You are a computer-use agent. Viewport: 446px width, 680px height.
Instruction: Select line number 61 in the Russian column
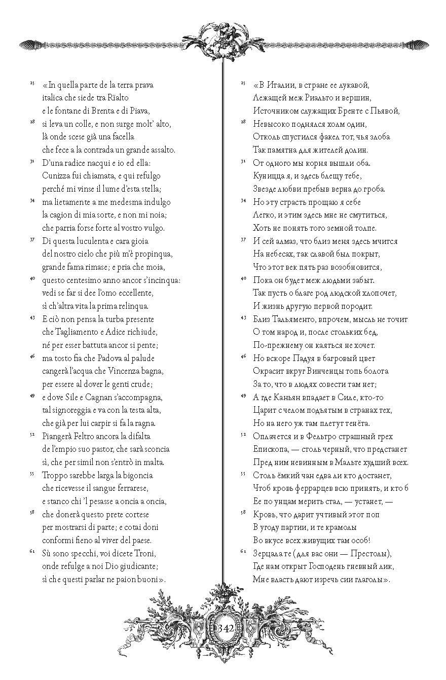pos(242,551)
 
